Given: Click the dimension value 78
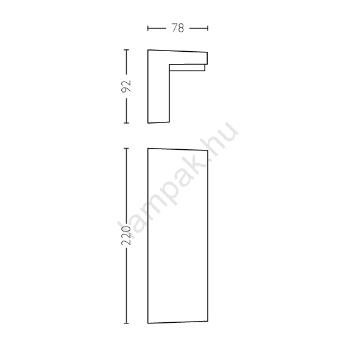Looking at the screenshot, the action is pyautogui.click(x=178, y=28).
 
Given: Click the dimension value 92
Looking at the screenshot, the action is pyautogui.click(x=126, y=86).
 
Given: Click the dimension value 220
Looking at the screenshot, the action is pyautogui.click(x=126, y=235).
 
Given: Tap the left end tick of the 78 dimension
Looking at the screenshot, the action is pyautogui.click(x=148, y=28).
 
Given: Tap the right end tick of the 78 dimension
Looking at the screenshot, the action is pyautogui.click(x=208, y=28).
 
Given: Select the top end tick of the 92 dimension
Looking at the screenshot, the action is pyautogui.click(x=126, y=49).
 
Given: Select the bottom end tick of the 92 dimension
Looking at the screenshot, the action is pyautogui.click(x=126, y=123).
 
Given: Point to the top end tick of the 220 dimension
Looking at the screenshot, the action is pyautogui.click(x=126, y=148).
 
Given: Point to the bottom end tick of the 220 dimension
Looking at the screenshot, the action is pyautogui.click(x=126, y=323).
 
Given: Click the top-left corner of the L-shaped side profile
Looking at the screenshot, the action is pyautogui.click(x=148, y=50).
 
